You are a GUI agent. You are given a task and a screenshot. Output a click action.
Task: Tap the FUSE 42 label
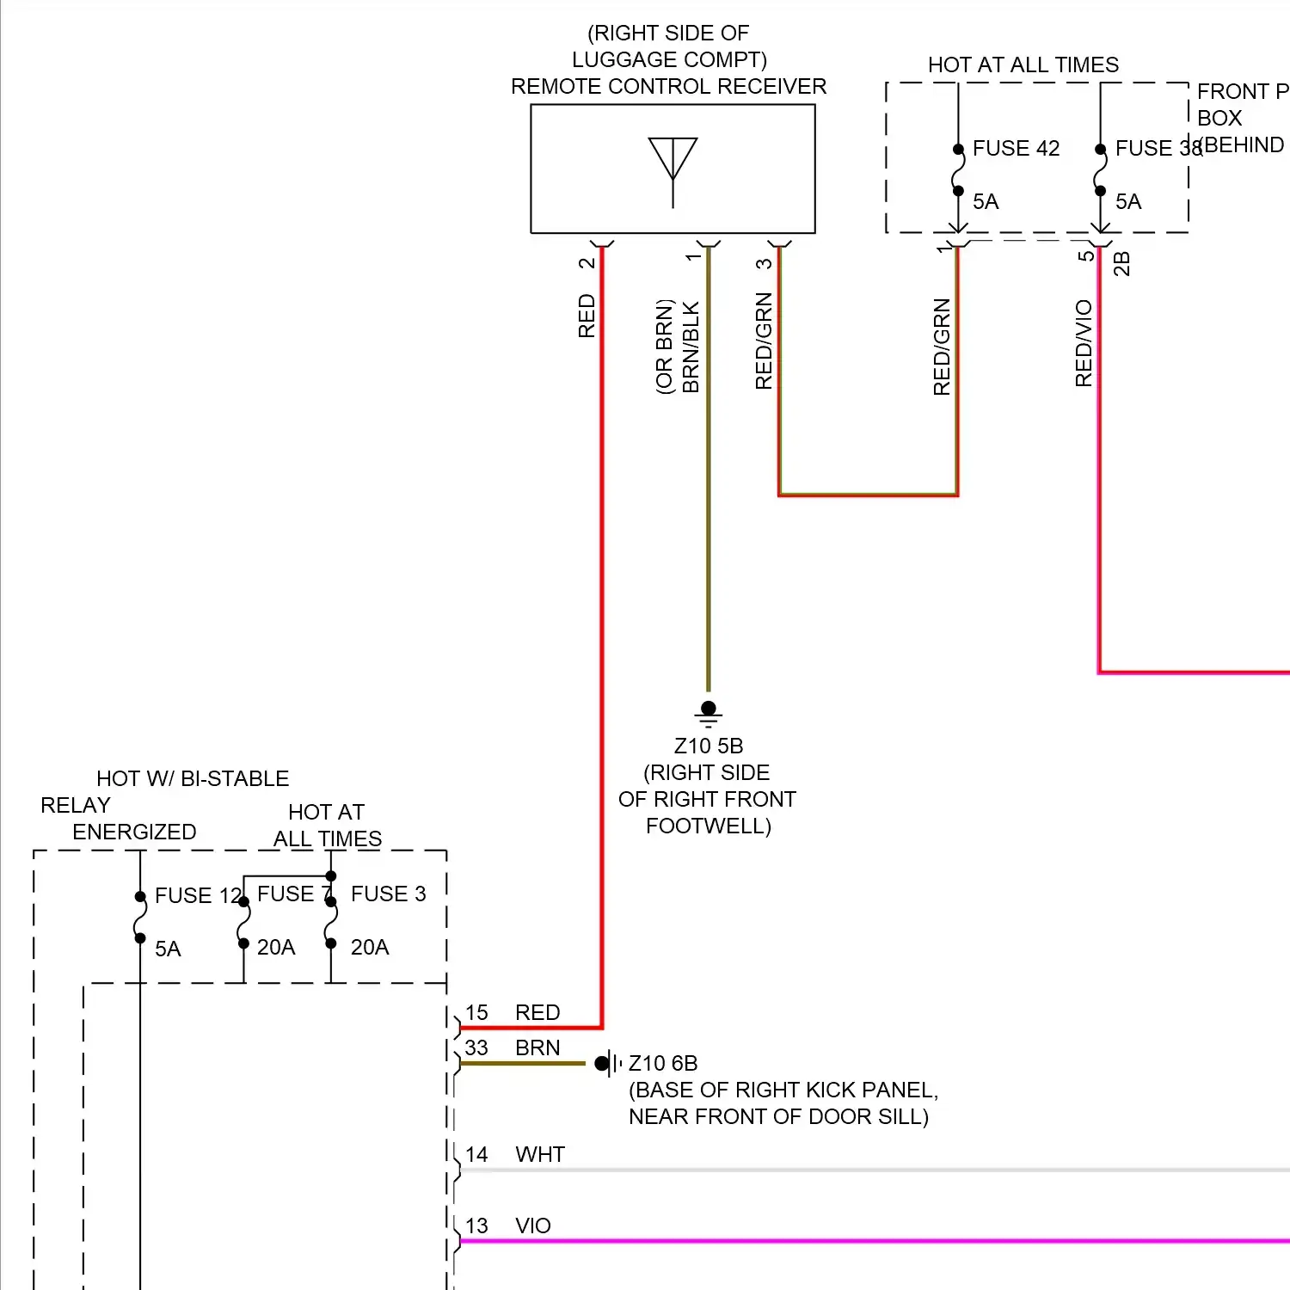[1016, 148]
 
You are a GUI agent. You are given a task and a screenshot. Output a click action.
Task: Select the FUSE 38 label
[1158, 148]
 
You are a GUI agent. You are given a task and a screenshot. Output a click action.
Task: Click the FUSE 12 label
[197, 895]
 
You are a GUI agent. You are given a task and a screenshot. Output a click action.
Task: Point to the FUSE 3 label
[388, 894]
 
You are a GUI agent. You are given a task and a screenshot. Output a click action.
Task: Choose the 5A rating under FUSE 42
[986, 201]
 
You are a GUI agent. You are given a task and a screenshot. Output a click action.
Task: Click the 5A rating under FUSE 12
[168, 949]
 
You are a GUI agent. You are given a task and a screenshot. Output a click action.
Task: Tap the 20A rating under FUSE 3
[370, 947]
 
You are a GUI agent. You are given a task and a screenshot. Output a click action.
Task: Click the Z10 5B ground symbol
[709, 712]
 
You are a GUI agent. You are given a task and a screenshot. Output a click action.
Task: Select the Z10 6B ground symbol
[607, 1064]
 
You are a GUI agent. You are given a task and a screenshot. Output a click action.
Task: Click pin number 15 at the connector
[476, 1012]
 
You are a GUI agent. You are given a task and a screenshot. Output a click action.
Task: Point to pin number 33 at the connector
[476, 1047]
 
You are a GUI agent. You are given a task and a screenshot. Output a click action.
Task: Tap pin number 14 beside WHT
[476, 1154]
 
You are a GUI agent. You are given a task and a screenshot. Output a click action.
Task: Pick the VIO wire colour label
[533, 1225]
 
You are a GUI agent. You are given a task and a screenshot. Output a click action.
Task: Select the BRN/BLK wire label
[691, 347]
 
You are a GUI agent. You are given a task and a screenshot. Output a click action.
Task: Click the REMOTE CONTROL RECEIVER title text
[668, 86]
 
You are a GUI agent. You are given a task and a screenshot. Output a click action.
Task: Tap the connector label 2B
[1121, 263]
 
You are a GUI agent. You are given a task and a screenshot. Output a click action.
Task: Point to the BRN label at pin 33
[537, 1047]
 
